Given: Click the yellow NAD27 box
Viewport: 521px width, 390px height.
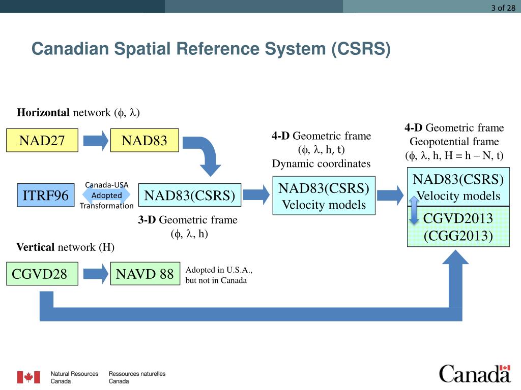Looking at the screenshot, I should (42, 140).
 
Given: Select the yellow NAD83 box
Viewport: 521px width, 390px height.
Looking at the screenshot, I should (144, 140).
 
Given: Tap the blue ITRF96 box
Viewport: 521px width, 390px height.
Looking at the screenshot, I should (46, 196).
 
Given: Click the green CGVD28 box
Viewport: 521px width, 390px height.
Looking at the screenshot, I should (42, 274).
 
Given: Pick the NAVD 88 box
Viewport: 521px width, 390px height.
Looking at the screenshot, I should (145, 274).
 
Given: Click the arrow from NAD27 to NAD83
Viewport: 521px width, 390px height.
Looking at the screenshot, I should (95, 140).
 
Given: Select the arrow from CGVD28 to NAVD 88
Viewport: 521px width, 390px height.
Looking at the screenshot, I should (95, 274).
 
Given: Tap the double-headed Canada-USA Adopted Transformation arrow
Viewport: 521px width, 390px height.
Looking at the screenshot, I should (106, 196).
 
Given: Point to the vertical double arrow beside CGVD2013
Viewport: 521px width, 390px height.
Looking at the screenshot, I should (414, 210).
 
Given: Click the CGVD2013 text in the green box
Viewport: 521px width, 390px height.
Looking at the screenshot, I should (458, 219).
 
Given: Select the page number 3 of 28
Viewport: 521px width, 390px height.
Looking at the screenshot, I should (503, 7).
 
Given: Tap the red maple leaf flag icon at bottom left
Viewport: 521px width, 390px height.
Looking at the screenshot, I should (28, 377).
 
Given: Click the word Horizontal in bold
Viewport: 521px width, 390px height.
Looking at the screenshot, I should (43, 113).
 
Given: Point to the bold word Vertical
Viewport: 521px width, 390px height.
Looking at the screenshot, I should (36, 247).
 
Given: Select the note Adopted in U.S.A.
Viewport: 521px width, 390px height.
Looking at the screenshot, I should (219, 270).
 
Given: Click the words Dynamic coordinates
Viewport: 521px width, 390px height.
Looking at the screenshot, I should (321, 164).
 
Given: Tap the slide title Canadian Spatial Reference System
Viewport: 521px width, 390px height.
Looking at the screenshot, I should (211, 49).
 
